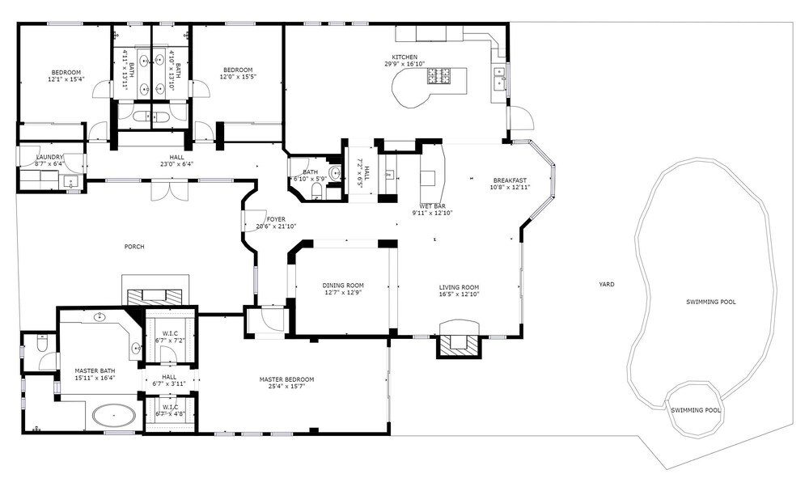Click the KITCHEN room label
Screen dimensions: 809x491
click(404, 57)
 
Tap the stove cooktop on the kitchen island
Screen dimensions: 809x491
click(438, 76)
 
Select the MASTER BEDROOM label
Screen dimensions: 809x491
click(286, 379)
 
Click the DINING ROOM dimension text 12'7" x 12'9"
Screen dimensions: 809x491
click(343, 292)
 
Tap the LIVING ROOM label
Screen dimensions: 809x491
click(460, 287)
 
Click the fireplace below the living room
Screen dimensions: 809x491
click(460, 341)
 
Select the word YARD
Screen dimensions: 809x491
click(607, 284)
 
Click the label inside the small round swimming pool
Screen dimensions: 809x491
click(696, 410)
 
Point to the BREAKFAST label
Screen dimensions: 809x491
click(510, 180)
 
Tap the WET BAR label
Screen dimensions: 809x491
click(432, 206)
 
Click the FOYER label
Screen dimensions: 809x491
click(276, 219)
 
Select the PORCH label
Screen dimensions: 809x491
click(134, 247)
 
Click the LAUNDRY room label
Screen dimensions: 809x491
click(49, 157)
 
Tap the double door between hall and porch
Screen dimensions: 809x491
click(170, 191)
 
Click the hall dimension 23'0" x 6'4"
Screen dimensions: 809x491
click(176, 164)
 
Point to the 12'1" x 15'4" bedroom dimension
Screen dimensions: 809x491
click(66, 79)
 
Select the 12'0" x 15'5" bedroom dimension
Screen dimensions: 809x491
click(238, 77)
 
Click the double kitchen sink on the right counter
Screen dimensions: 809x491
click(499, 76)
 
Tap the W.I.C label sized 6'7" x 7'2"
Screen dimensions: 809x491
click(170, 341)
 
